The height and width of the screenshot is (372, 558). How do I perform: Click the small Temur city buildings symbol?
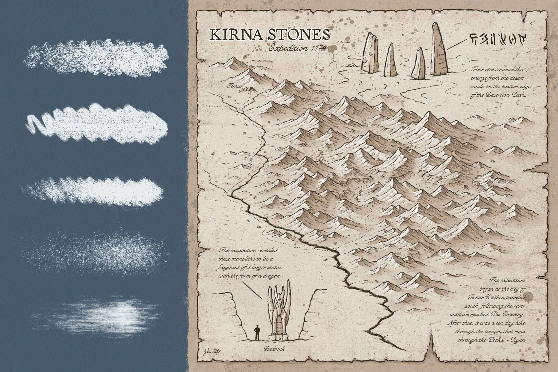[249, 89]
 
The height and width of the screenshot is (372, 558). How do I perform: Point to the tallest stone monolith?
[439, 50]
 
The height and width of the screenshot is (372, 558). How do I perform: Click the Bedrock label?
[274, 349]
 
